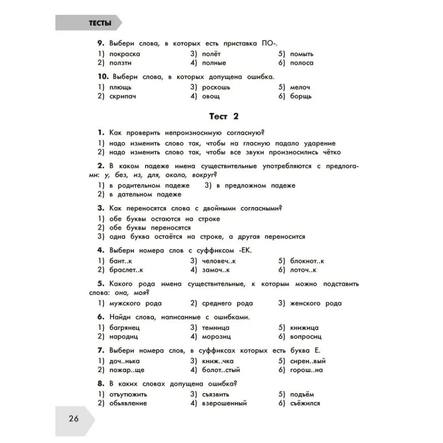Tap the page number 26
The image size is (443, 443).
pos(74,418)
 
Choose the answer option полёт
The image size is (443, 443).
pos(212,54)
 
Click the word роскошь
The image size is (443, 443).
pos(216,87)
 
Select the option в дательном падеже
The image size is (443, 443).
pos(145,194)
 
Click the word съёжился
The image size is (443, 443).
pos(305,404)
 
